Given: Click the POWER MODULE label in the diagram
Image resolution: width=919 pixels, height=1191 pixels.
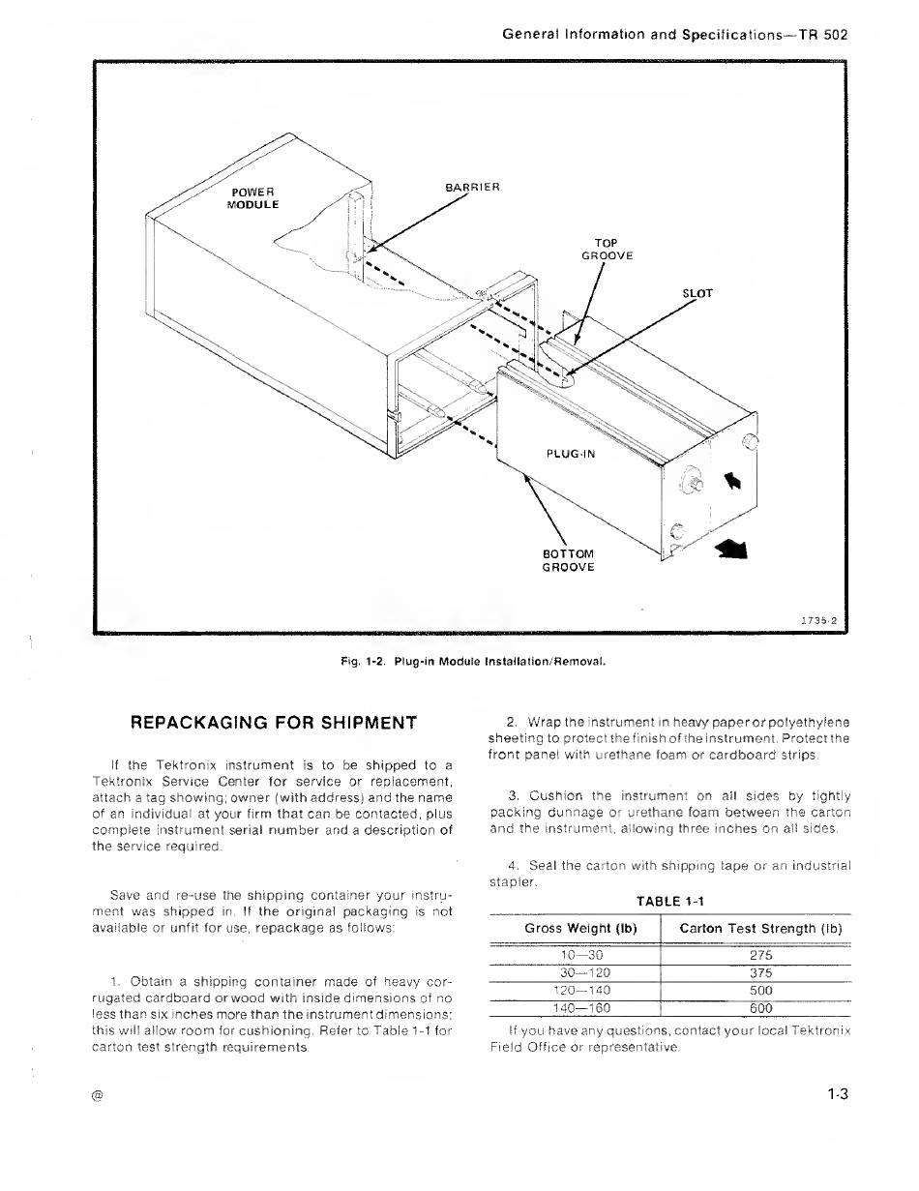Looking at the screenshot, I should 252,197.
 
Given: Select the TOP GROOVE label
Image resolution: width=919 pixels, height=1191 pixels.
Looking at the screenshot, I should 607,249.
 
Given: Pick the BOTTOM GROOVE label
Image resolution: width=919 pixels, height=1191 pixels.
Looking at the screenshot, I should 569,560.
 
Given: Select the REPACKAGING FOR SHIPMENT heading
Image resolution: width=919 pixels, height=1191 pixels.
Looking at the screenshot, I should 274,722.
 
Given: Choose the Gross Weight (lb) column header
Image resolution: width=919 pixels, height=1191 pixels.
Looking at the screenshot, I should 580,929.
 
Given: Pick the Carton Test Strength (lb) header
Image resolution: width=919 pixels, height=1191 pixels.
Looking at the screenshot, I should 761,929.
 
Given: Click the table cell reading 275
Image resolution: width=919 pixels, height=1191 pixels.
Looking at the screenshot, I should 760,955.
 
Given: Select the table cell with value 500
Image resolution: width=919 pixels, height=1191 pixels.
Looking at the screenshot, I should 760,990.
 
